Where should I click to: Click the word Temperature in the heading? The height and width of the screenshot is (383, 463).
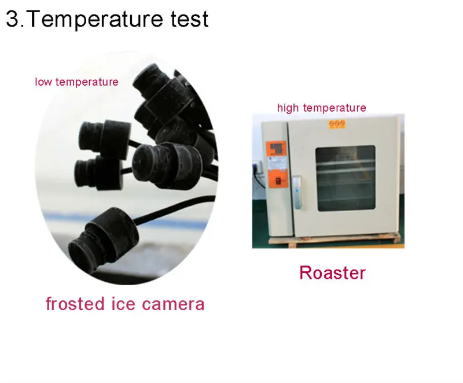click(x=95, y=20)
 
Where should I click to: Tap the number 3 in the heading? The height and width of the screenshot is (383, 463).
click(x=12, y=19)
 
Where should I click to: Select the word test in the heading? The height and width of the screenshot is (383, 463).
click(x=190, y=19)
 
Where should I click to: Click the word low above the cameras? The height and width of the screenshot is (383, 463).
click(x=43, y=82)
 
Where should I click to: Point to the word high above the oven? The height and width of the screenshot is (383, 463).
click(x=288, y=108)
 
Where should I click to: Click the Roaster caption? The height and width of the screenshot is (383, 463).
click(x=332, y=272)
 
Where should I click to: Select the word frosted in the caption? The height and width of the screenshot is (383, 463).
click(x=75, y=303)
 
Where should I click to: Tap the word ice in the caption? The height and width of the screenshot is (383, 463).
click(x=124, y=303)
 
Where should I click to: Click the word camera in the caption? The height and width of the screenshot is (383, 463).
click(x=173, y=304)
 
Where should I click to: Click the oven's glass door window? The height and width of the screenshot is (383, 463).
click(x=346, y=178)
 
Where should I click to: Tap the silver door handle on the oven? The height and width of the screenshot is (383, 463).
click(x=297, y=192)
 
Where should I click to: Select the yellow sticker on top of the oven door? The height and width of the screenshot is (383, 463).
click(x=337, y=124)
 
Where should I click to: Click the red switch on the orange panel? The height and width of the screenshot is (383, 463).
click(x=278, y=181)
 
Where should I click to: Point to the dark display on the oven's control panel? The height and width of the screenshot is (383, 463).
click(x=276, y=148)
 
